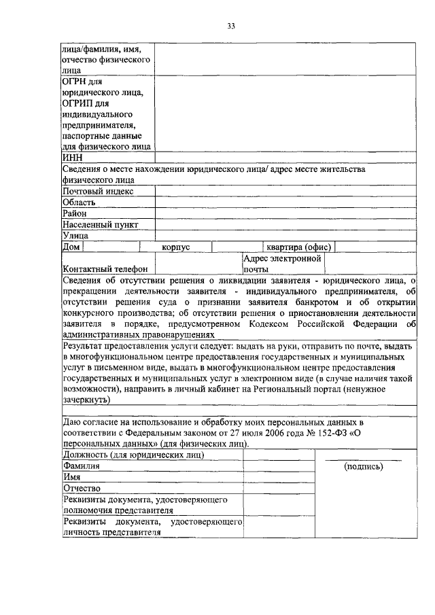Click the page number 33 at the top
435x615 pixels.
click(230, 27)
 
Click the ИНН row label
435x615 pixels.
click(73, 158)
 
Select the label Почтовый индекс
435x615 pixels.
click(98, 192)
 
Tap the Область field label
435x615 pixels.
click(79, 203)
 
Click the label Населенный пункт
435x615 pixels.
click(100, 224)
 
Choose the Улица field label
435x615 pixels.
click(75, 235)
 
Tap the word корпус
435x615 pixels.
click(175, 247)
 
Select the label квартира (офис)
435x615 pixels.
click(298, 247)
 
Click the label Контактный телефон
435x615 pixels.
click(105, 269)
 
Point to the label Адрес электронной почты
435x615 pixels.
click(282, 264)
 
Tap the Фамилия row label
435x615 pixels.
click(81, 466)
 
